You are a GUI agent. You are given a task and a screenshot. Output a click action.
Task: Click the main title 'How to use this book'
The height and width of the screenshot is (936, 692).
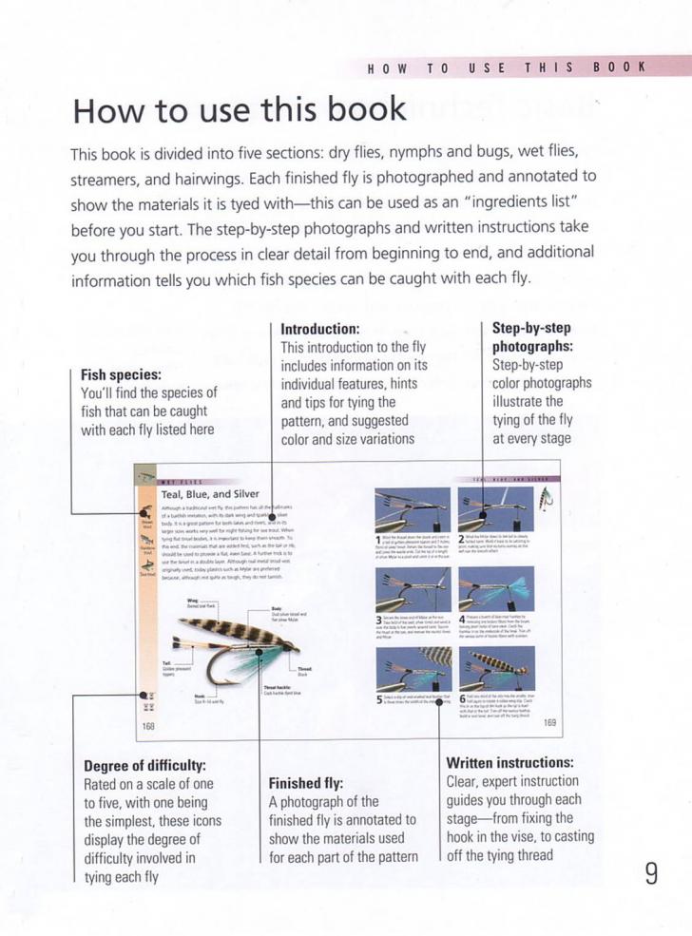click(x=240, y=110)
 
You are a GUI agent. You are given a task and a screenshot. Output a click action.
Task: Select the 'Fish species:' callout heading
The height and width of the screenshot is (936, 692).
click(x=121, y=374)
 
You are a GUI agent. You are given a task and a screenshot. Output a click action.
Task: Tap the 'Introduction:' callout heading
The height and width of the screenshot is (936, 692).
click(x=320, y=329)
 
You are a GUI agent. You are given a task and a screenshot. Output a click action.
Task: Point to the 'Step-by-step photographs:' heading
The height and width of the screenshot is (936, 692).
click(x=531, y=337)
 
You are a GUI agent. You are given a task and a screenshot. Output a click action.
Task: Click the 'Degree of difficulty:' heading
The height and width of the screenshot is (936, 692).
click(x=145, y=765)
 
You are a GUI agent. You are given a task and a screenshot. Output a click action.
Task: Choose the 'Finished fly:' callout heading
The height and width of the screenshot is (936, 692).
click(x=306, y=783)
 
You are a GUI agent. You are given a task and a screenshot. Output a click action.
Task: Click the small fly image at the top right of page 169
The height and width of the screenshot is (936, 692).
click(x=548, y=499)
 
